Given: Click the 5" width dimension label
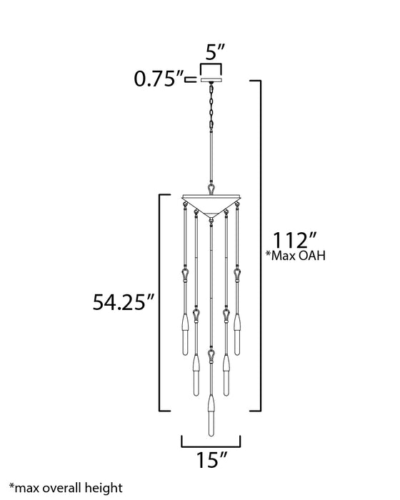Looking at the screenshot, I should tap(211, 52).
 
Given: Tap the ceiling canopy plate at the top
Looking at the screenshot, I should tap(211, 81).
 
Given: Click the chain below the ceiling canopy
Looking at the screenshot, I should tap(211, 107).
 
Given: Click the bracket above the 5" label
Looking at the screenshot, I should tap(211, 67).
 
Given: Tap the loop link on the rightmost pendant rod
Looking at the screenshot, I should tap(236, 274).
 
